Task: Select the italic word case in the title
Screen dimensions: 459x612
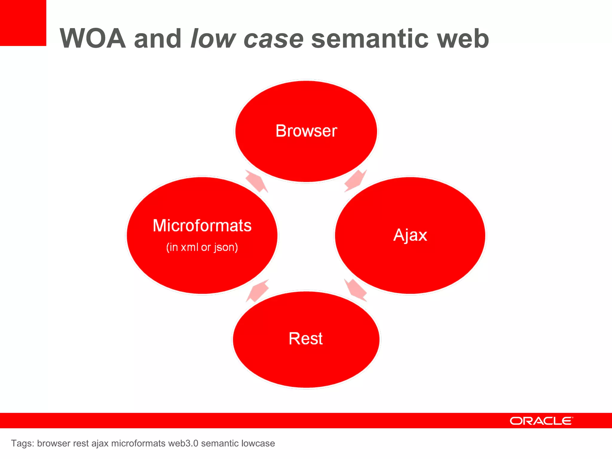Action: coord(273,39)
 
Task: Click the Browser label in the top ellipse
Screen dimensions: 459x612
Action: coord(306,131)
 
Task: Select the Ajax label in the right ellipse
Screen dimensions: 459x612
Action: coord(410,235)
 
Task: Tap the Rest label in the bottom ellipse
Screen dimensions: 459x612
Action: coord(305,339)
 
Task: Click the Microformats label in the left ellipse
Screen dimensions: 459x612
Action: coord(202,226)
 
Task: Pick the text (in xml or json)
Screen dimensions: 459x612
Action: coord(202,247)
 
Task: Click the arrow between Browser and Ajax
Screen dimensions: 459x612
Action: coord(355,181)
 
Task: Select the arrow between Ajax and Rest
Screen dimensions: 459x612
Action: coord(355,290)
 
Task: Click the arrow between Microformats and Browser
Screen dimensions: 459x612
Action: coord(257,181)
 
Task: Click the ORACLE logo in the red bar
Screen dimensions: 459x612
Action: coord(541,421)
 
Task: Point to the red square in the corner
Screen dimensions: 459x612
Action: coord(23,23)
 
